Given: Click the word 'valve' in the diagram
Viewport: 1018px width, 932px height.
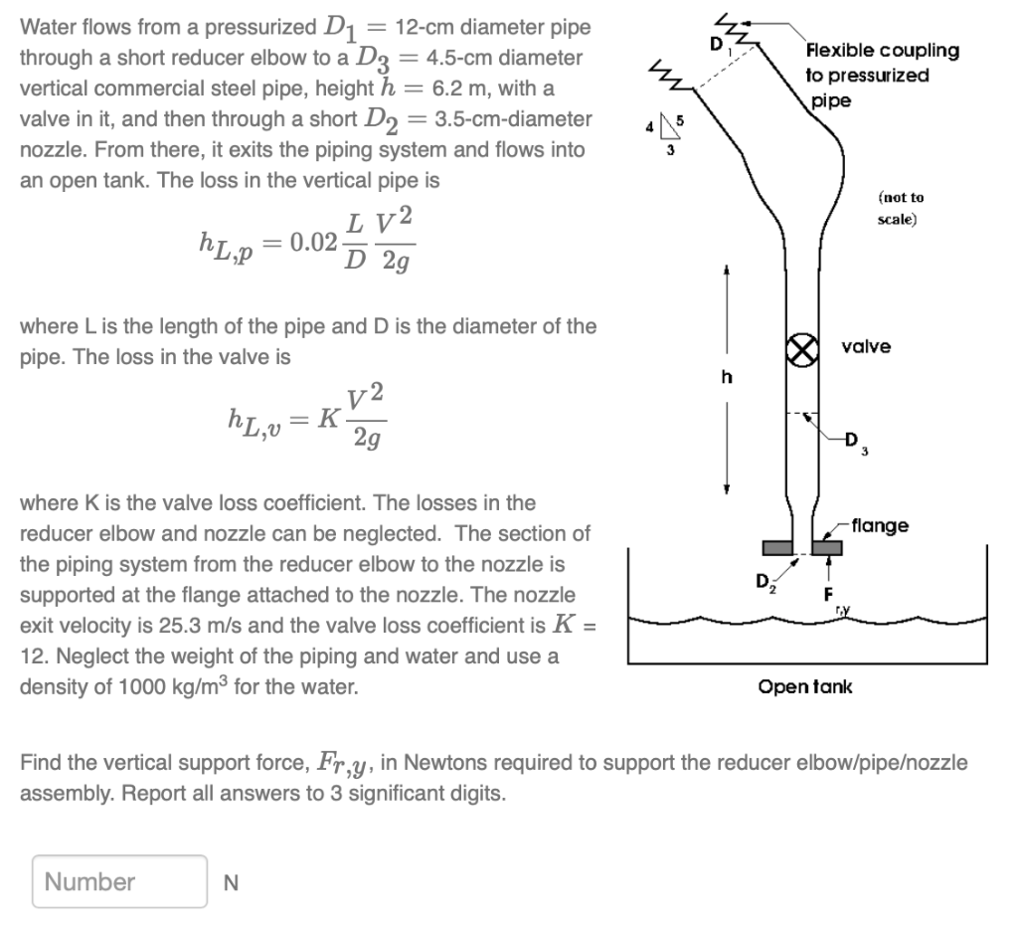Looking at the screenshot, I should (x=866, y=347).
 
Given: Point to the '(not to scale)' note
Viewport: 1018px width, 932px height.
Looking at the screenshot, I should (x=901, y=207).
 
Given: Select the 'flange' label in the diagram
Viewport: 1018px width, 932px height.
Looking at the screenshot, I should (x=880, y=525).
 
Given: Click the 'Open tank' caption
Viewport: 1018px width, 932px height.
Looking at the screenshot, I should (x=805, y=687).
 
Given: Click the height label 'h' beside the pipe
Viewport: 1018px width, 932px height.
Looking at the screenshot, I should (x=726, y=377).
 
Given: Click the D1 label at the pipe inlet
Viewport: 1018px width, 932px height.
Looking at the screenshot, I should (x=715, y=45).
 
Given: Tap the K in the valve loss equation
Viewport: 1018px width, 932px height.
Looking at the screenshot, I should (x=325, y=418).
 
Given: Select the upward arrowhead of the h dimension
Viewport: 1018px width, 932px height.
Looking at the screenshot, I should (x=726, y=270).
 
